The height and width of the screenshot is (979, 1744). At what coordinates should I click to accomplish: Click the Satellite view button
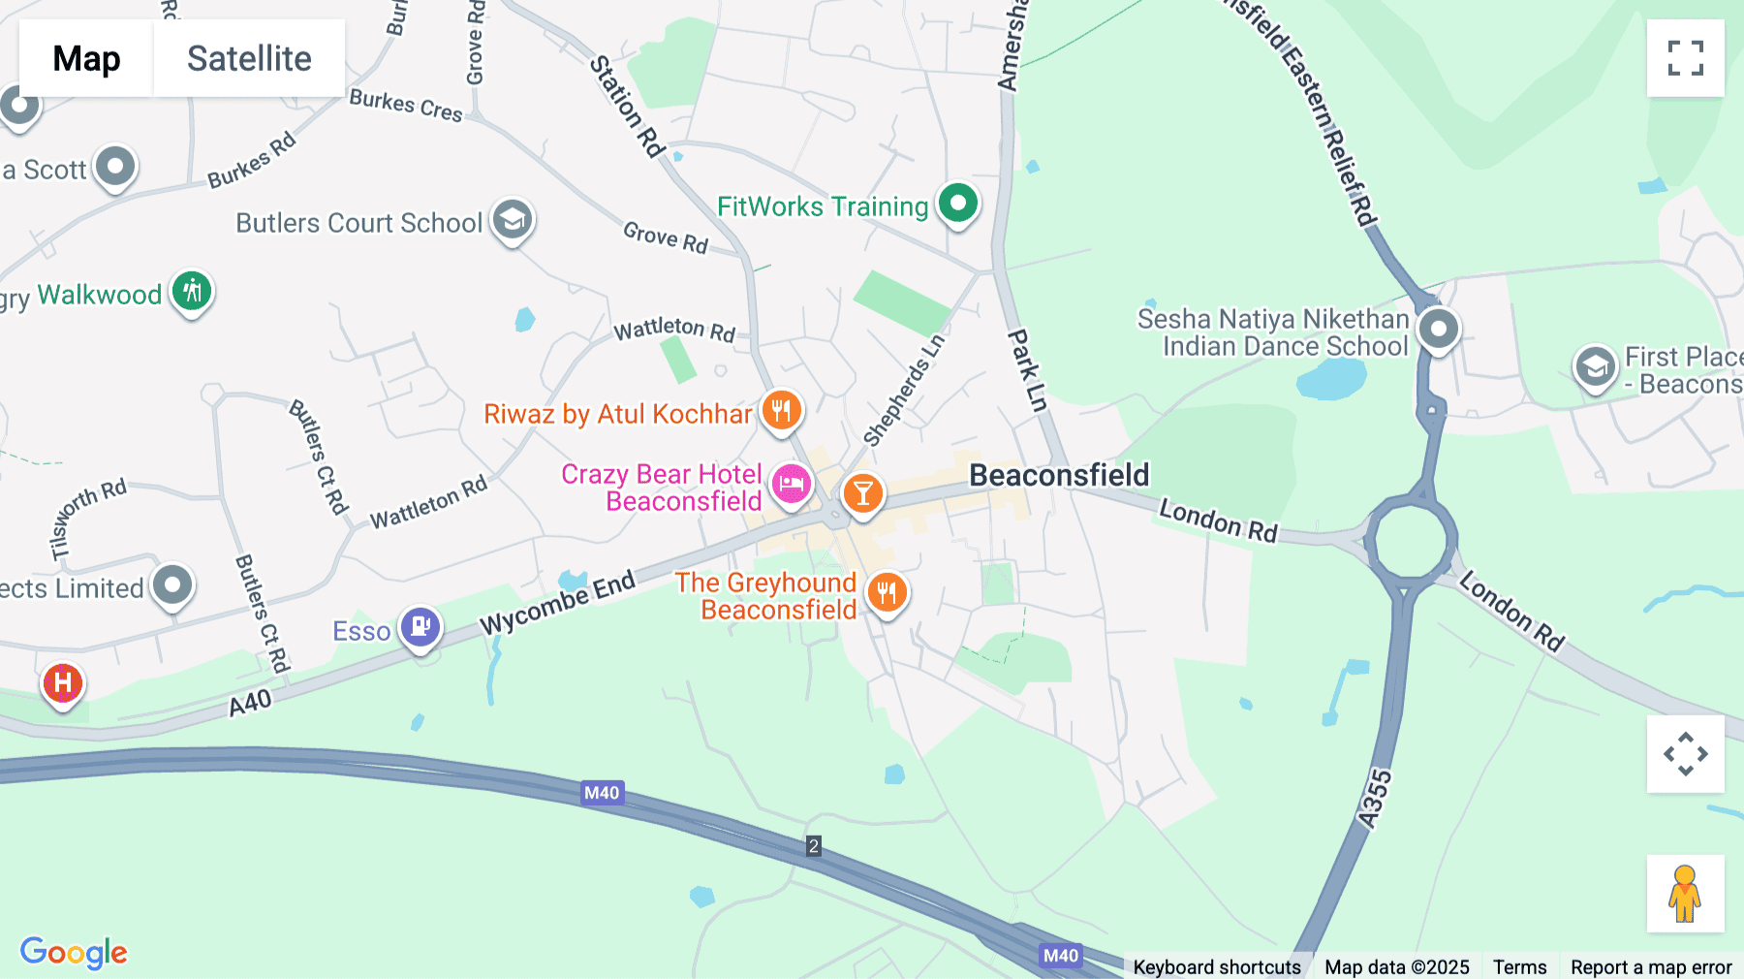click(249, 58)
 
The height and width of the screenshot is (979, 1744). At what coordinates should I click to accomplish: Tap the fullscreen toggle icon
click(1685, 58)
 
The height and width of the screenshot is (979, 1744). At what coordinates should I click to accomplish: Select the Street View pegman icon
click(1685, 893)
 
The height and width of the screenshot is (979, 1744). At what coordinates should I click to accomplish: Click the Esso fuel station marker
click(420, 626)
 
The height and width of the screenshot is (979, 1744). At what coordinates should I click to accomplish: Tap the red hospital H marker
click(63, 682)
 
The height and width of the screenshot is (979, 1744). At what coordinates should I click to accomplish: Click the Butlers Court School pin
click(513, 220)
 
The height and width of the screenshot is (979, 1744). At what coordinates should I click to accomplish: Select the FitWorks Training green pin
click(957, 204)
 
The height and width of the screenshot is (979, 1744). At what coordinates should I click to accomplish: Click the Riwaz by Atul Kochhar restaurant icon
click(781, 410)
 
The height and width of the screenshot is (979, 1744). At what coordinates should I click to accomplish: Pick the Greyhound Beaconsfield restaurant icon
click(887, 591)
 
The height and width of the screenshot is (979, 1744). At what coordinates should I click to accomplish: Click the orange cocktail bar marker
click(862, 493)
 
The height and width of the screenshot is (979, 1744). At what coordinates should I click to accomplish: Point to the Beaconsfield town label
click(1059, 475)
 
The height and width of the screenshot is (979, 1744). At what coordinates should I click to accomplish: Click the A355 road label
click(1375, 800)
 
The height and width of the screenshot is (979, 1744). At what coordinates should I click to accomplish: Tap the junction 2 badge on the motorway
click(814, 845)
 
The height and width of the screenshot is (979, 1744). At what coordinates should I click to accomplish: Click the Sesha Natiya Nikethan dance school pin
click(1438, 329)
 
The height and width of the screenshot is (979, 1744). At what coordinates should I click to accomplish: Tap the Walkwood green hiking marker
click(192, 291)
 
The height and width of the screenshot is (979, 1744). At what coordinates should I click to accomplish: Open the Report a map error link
click(1651, 966)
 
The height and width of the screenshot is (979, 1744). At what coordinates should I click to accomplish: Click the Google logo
click(74, 952)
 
